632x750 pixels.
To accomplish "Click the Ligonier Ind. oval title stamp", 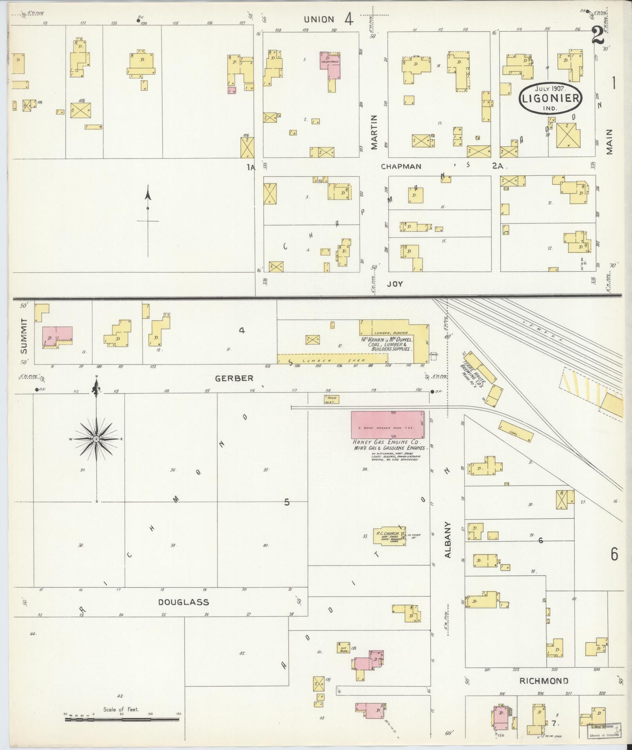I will tap(550, 98).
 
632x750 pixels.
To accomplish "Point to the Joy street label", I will tap(395, 284).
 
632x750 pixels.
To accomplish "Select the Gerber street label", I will tap(234, 378).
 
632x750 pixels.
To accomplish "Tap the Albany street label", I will tap(449, 545).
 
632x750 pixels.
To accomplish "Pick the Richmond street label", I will tap(543, 681).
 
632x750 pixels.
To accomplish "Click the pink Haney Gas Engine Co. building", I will tap(387, 425).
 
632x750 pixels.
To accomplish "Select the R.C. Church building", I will tap(389, 536).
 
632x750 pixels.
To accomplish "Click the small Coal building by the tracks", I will tap(516, 430).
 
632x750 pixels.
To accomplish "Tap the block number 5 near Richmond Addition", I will tap(287, 502).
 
